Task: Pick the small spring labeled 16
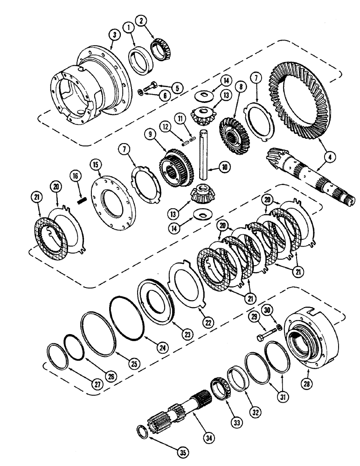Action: [79, 201]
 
